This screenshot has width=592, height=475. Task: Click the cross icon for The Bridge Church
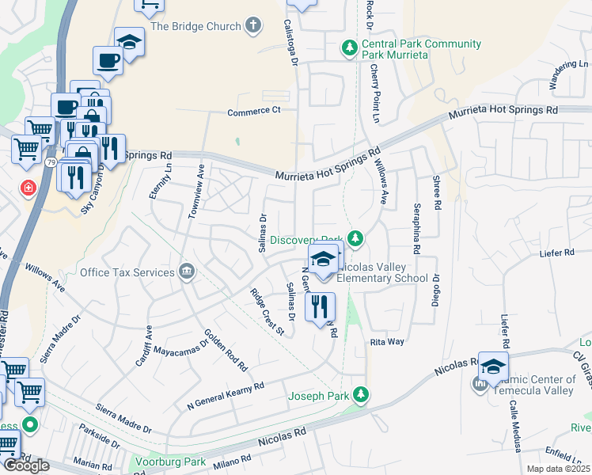[x=254, y=26]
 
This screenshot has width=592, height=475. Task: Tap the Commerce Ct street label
[x=254, y=111]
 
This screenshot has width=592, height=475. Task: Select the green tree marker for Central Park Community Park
[x=348, y=49]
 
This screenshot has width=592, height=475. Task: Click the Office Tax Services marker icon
[x=186, y=272]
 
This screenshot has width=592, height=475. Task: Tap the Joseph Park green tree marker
[x=361, y=394]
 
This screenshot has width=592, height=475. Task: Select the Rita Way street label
[x=387, y=342]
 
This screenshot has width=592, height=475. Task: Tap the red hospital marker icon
[x=28, y=188]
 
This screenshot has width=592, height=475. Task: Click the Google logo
[x=26, y=465]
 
